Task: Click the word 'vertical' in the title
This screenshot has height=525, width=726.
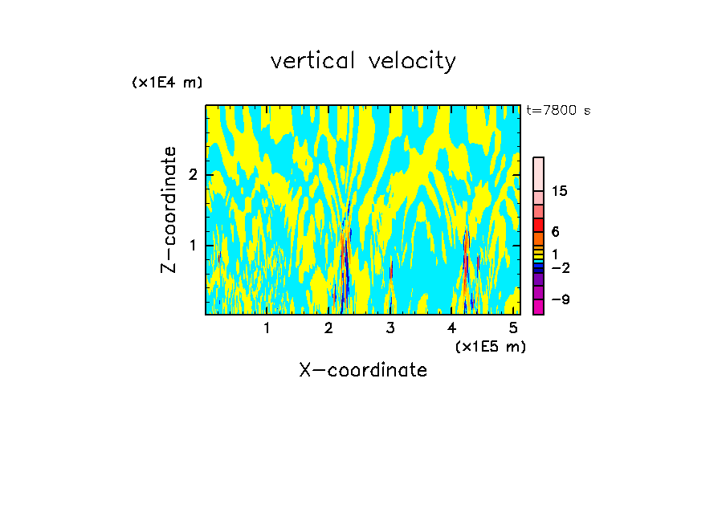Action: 310,61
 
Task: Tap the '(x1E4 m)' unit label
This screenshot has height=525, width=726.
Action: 167,83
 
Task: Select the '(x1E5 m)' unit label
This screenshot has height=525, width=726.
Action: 490,346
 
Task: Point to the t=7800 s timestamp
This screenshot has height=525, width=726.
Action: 558,110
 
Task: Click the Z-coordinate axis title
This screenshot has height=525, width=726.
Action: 169,209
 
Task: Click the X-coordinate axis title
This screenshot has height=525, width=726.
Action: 363,370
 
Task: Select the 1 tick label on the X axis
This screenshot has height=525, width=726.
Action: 267,328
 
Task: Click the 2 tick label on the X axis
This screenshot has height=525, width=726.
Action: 328,328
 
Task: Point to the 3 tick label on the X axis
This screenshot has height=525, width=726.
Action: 390,328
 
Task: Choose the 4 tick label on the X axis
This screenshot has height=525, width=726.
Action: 451,328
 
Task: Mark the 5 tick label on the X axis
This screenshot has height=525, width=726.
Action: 513,328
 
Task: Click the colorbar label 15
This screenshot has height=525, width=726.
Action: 560,191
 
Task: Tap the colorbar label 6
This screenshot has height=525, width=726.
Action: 555,232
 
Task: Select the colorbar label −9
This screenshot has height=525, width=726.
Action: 560,300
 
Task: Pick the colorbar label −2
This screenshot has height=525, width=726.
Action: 560,268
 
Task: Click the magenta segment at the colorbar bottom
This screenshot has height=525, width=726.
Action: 538,307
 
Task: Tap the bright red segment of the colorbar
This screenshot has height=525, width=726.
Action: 538,225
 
